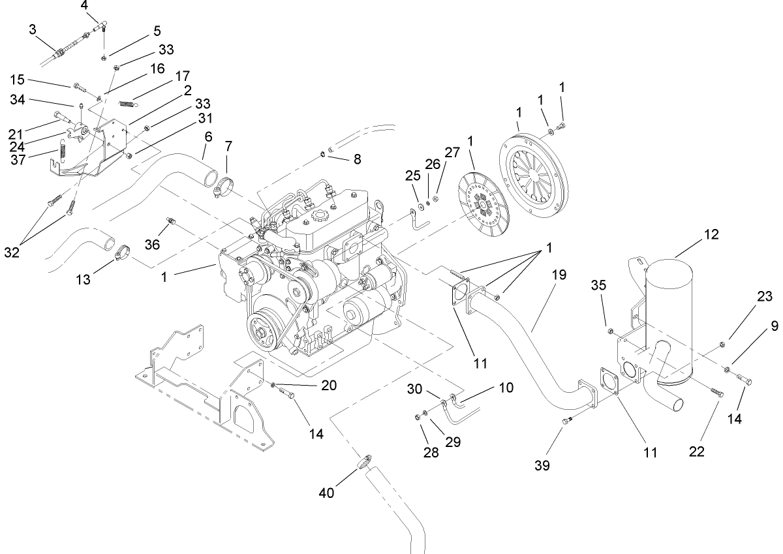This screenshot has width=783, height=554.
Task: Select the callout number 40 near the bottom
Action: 326,493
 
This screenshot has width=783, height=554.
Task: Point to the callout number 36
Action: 151,243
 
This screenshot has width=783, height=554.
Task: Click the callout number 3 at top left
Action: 33,30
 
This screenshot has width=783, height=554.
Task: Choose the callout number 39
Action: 542,465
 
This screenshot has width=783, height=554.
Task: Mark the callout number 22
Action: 697,451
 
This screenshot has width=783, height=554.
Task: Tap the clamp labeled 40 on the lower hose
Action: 362,463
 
